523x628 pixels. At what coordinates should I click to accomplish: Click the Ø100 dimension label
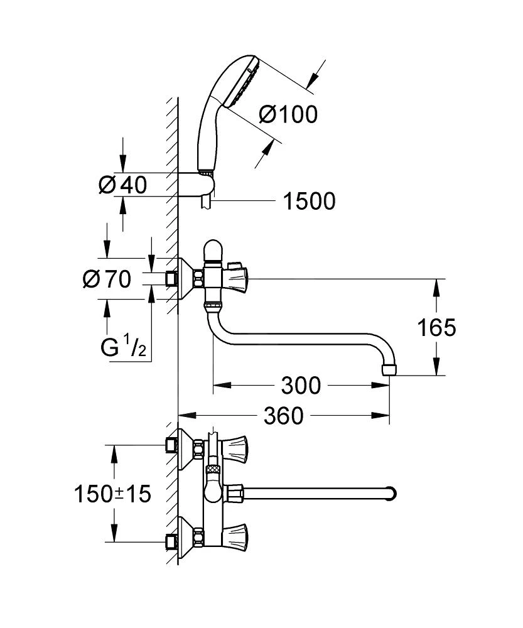[288, 115]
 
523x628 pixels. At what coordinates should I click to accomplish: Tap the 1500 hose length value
[308, 201]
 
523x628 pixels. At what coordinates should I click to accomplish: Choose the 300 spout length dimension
[301, 386]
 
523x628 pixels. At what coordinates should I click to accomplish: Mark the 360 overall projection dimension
[283, 415]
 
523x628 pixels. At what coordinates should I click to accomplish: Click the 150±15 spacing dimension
[114, 494]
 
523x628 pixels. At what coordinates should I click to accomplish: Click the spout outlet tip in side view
[391, 370]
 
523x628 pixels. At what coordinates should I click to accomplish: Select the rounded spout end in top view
[391, 493]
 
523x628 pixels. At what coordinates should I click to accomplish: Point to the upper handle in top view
[236, 447]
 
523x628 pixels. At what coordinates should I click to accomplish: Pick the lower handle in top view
[236, 538]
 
